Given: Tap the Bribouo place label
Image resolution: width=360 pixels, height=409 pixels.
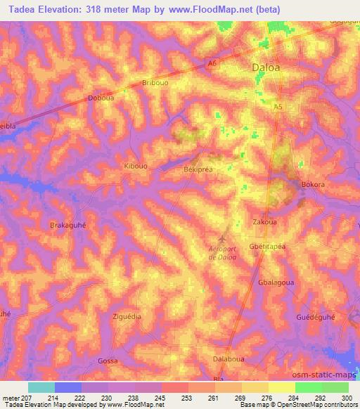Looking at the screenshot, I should point(155,83).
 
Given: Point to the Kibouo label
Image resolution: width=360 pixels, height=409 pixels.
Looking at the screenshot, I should point(135,166).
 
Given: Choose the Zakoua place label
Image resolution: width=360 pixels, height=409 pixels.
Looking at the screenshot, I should point(264,222).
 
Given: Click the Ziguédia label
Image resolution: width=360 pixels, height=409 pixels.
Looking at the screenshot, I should point(127,316).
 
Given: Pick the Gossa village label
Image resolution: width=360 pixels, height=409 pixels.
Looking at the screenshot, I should point(108,361).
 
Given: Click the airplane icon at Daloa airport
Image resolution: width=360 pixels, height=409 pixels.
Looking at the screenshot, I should point(222,238).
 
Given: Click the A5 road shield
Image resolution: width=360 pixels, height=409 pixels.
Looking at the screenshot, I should point(278,106).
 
